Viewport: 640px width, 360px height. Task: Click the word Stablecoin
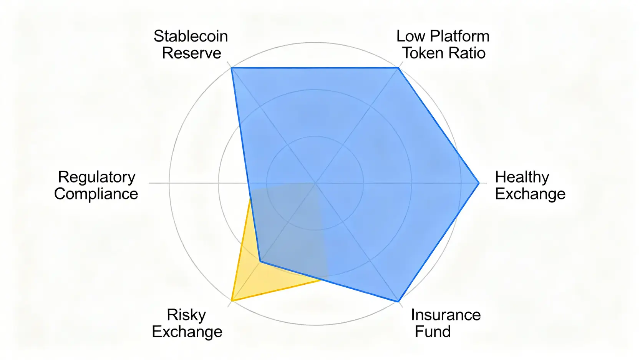191,36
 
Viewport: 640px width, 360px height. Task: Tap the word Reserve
191,53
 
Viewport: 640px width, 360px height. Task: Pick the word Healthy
522,177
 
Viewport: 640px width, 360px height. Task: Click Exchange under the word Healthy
530,194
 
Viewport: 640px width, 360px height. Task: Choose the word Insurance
446,315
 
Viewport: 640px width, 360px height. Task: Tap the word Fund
433,332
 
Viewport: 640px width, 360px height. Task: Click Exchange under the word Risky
187,332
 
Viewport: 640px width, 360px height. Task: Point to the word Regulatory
96,177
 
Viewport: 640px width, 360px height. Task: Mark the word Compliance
96,194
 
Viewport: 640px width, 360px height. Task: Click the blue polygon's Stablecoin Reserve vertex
231,68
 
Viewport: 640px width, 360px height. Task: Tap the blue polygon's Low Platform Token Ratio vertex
398,68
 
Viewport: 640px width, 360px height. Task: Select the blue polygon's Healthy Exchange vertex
479,183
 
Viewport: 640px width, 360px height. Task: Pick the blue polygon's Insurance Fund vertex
398,302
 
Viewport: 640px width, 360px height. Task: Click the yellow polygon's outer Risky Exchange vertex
232,300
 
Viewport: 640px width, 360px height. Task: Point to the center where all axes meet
315,183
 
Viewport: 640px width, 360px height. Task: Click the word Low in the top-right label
410,36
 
